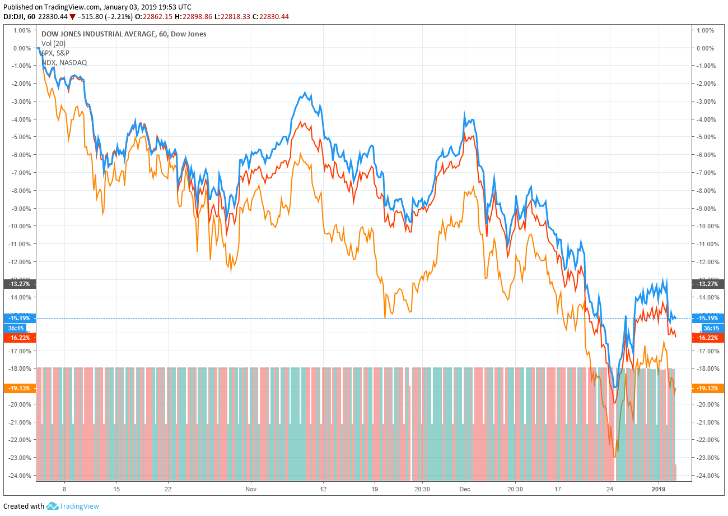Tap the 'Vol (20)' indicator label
[54, 44]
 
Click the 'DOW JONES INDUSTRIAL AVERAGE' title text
[98, 34]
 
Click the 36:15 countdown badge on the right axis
[703, 328]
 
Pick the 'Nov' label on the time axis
[250, 489]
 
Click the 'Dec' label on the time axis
[465, 489]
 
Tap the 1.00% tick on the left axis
[21, 30]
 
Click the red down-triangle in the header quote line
[72, 17]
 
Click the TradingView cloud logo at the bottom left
[53, 506]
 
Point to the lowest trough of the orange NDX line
[615, 457]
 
